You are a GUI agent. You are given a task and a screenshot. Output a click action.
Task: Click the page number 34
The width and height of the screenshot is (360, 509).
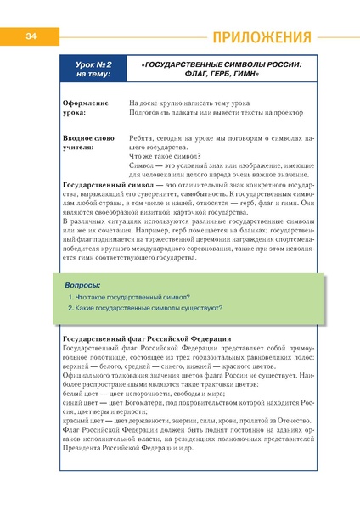pyautogui.click(x=29, y=36)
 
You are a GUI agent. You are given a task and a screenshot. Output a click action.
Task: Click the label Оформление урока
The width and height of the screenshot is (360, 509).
pyautogui.click(x=86, y=108)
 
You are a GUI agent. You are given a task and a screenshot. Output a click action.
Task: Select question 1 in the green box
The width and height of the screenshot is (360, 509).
pyautogui.click(x=128, y=300)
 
